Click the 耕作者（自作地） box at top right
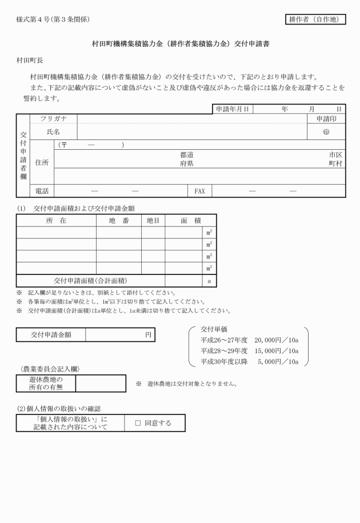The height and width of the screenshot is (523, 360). pyautogui.click(x=315, y=19)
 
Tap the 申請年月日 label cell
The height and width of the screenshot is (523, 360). pyautogui.click(x=232, y=109)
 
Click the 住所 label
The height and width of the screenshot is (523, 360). pyautogui.click(x=42, y=162)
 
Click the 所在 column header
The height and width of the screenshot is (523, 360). pyautogui.click(x=55, y=220)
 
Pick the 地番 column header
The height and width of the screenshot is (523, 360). pyautogui.click(x=118, y=220)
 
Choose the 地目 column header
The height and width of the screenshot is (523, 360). pyautogui.click(x=153, y=220)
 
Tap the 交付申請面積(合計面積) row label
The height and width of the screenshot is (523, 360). pyautogui.click(x=90, y=281)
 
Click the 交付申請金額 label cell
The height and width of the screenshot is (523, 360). pyautogui.click(x=51, y=334)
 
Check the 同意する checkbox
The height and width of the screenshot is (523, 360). pyautogui.click(x=138, y=423)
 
